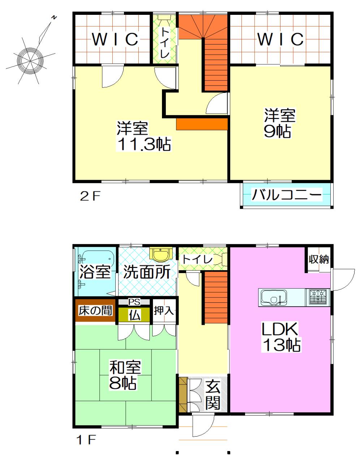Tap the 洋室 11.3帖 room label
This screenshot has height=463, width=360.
143,136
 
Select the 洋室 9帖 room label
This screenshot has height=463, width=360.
280,123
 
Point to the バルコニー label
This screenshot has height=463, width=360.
287,195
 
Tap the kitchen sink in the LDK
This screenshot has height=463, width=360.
273,298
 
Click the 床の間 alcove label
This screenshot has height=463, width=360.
95,311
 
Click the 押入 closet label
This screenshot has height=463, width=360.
164,311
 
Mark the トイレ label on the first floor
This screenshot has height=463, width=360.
197,259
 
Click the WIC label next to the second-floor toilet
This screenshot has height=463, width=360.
115,39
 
